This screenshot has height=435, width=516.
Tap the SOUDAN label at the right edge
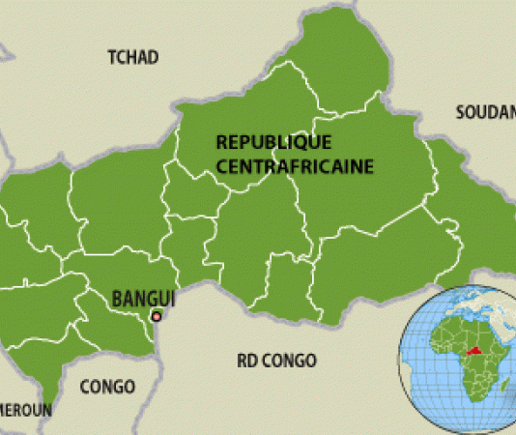coord(484,113)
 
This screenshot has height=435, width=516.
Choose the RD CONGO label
coord(276,361)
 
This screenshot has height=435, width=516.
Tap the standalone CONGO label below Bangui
coord(107,387)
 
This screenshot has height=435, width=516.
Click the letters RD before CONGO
coord(246,361)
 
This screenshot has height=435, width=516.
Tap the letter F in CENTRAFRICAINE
coord(273,165)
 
